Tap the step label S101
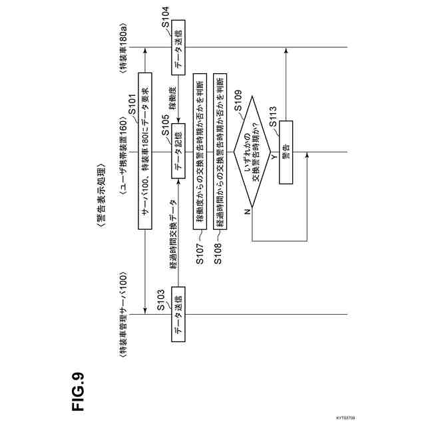[131, 107]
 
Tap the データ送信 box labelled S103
[178, 315]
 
